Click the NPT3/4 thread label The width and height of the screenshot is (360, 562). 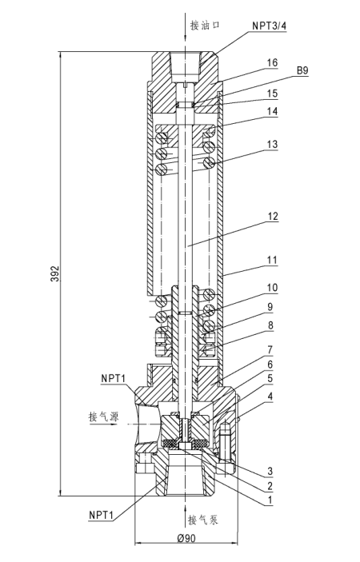click(x=269, y=25)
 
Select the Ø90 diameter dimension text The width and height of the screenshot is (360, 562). click(x=186, y=538)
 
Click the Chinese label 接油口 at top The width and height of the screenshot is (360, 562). click(x=205, y=25)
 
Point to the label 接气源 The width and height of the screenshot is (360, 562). click(x=104, y=417)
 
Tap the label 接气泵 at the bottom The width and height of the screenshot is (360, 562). click(x=203, y=520)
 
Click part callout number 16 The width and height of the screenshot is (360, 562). click(x=272, y=62)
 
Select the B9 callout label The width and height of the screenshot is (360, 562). click(x=302, y=70)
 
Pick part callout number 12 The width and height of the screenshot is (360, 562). click(x=273, y=216)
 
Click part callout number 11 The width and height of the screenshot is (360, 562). click(x=273, y=260)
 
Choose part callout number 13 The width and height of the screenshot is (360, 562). click(x=273, y=144)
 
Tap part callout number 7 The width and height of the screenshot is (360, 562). click(x=270, y=349)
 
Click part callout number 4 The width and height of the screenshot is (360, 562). click(x=270, y=397)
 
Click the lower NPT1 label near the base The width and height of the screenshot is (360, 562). click(x=101, y=515)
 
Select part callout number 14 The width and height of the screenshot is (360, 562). click(x=272, y=111)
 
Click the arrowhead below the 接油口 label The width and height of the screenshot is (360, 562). click(x=185, y=38)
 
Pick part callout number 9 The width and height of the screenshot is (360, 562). click(x=270, y=307)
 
